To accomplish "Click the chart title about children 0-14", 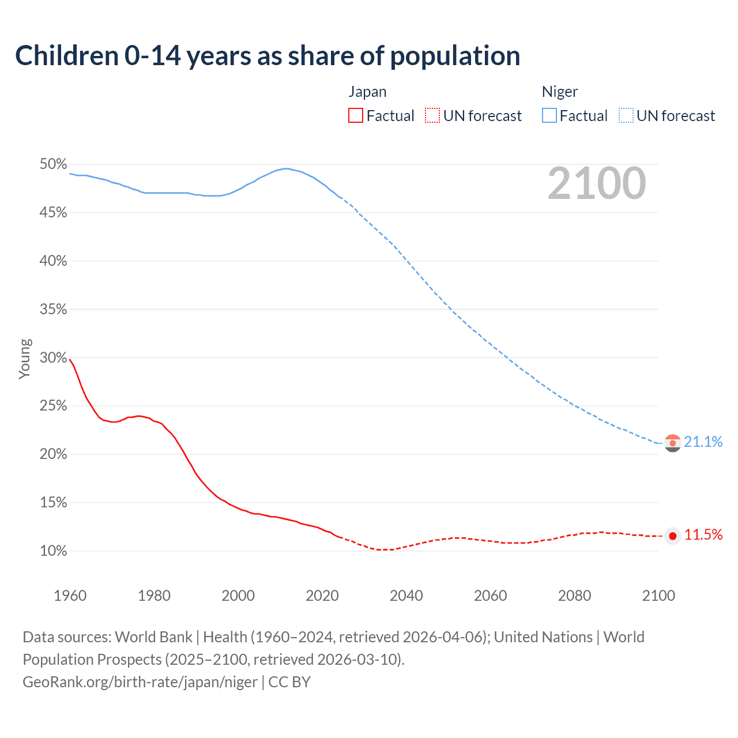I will pos(268,56).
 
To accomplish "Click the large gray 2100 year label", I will pos(597,183).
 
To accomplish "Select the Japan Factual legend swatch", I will pos(356,116).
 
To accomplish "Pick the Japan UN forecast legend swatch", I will pos(432,116).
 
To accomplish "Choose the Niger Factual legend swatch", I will pos(549,116).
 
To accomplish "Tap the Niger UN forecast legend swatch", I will pos(626,116).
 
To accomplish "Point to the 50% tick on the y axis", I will pos(54,164).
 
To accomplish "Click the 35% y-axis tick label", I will pos(54,310).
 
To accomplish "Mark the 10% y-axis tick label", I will pos(54,551).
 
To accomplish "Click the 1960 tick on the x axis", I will pos(70,596).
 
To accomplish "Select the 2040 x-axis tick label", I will pos(406,596).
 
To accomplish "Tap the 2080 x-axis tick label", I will pos(574,596).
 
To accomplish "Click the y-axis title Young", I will pos(25,359).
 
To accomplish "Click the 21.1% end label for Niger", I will pos(703,442).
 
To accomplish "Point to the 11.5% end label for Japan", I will pos(703,535).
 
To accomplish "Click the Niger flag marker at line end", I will pos(673,443).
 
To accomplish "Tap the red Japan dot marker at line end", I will pos(673,536).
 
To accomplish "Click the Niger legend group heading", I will pos(559,92).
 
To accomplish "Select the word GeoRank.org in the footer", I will pos(66,682).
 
